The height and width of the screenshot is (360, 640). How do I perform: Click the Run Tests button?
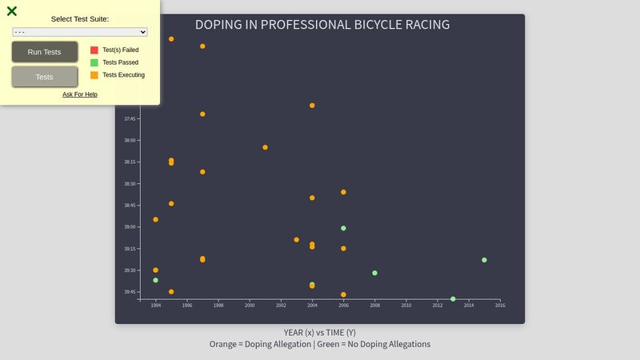45,52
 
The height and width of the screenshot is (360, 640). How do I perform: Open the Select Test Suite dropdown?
80,32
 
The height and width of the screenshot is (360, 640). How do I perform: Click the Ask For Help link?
80,94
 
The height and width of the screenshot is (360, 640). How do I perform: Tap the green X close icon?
12,11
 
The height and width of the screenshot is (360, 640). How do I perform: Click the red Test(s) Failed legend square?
94,50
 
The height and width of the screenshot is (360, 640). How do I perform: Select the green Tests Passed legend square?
94,62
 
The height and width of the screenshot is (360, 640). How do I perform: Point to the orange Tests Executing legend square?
94,75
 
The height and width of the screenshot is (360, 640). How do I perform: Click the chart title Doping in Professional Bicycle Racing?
322,25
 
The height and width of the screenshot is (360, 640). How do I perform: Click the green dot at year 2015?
484,260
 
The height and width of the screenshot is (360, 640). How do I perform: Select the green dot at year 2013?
453,299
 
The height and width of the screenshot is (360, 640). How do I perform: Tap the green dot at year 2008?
374,273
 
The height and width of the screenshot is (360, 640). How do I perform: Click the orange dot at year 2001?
265,147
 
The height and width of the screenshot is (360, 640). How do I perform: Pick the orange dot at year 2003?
296,240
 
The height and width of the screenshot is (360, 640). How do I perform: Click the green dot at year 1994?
155,280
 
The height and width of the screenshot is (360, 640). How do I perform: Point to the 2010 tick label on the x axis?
406,306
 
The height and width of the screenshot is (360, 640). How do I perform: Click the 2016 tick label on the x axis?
499,306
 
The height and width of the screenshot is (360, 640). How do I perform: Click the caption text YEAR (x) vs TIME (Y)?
320,332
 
